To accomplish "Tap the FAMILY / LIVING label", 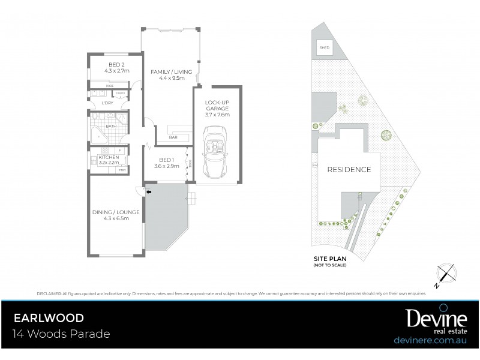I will [x=167, y=71].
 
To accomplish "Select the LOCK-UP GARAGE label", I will [x=217, y=106].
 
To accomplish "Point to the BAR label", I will [x=173, y=138].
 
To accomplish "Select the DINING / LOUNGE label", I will [x=116, y=212].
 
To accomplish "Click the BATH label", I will [x=112, y=127].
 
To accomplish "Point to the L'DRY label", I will [x=107, y=103].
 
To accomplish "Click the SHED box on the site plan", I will [x=325, y=47].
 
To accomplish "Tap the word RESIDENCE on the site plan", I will [x=349, y=169].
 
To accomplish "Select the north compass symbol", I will [x=445, y=273].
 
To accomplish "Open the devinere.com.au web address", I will [x=431, y=340].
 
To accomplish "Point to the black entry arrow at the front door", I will [x=148, y=191].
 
